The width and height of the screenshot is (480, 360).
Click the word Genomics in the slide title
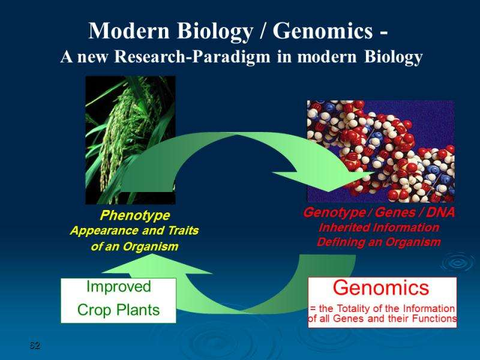coord(323,31)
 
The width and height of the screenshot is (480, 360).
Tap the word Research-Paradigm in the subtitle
coord(192,56)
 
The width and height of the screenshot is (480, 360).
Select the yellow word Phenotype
coord(134,215)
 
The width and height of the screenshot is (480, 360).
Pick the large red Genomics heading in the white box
coord(381,288)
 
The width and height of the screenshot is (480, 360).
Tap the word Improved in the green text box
coord(119,287)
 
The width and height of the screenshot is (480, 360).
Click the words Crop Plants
coord(118,310)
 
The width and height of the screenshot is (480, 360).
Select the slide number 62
coord(35,346)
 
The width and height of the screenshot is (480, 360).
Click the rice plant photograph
coord(130,140)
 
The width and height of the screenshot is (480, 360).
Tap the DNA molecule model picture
coord(381,151)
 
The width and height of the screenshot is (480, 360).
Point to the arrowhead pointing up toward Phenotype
coord(155,264)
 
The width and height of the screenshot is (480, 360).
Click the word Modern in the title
coord(129,31)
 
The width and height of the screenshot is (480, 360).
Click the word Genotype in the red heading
coord(334,212)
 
